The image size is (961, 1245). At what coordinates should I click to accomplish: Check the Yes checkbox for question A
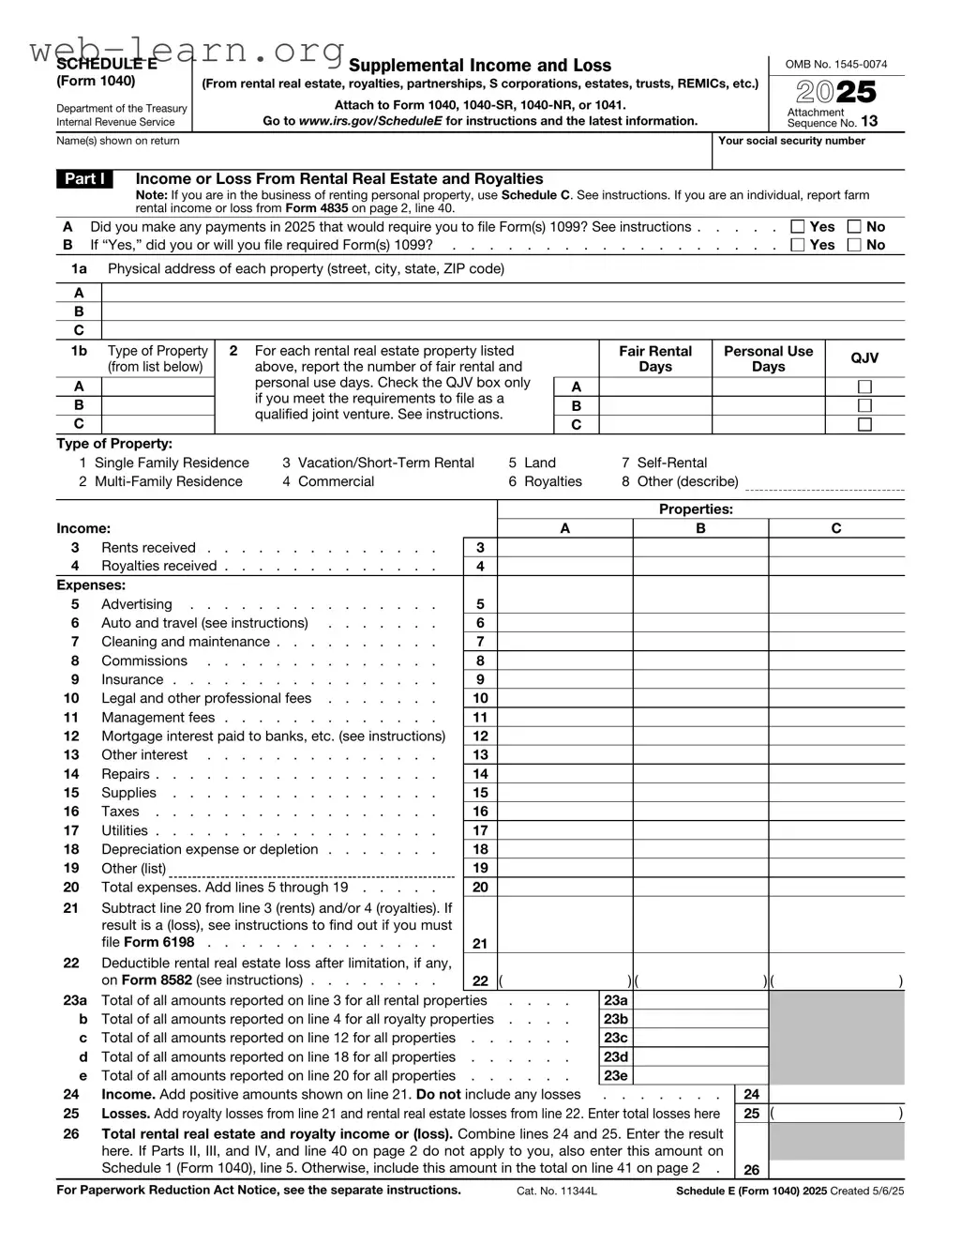click(797, 227)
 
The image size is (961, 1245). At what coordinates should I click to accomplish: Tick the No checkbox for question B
click(854, 245)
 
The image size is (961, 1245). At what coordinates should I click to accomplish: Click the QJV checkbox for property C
click(864, 425)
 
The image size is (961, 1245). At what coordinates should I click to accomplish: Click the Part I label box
click(84, 179)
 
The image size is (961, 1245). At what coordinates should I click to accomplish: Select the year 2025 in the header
click(836, 92)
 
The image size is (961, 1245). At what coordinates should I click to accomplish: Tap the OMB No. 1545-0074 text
click(835, 65)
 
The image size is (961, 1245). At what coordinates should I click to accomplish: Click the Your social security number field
click(808, 156)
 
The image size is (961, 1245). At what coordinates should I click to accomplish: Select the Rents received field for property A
click(564, 548)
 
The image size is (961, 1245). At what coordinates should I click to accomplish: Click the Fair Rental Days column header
click(654, 358)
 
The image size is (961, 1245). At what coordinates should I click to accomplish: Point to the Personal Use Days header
click(768, 358)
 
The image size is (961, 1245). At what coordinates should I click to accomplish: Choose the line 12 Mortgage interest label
click(273, 736)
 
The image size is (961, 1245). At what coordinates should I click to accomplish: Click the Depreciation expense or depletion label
click(209, 849)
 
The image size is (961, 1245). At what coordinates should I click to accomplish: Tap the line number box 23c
click(616, 1038)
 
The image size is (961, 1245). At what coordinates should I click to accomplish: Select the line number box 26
click(751, 1170)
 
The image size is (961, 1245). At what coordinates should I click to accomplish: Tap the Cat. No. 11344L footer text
click(557, 1191)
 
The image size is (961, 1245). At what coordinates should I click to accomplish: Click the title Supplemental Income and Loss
click(479, 66)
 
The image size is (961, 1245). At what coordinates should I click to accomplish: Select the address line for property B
click(503, 311)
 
